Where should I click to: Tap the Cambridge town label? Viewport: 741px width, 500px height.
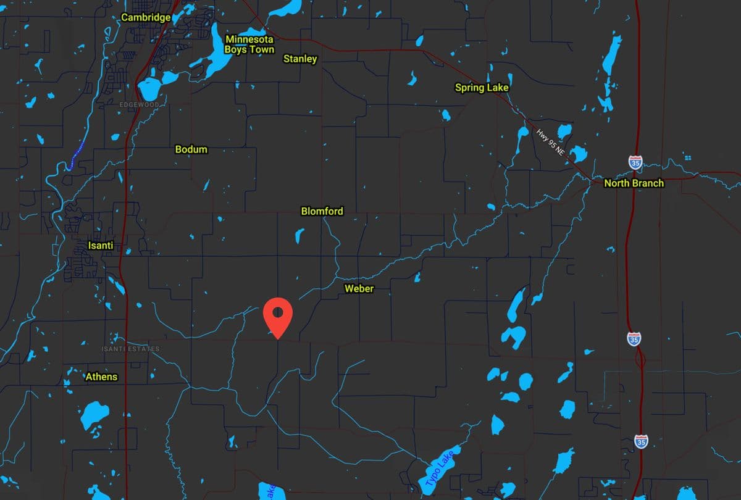(x=146, y=17)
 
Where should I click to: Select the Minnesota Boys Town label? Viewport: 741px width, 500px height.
(x=249, y=44)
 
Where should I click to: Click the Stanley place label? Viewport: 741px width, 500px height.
(x=300, y=59)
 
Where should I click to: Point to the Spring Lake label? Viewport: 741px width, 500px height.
(x=482, y=88)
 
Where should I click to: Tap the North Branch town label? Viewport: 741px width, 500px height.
(x=634, y=183)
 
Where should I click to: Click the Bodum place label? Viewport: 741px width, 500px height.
(x=191, y=149)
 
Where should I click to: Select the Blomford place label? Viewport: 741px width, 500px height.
(x=322, y=211)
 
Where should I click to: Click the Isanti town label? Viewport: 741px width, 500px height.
(x=101, y=246)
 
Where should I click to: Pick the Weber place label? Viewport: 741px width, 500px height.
(x=359, y=288)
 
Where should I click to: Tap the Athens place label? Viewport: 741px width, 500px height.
(x=101, y=377)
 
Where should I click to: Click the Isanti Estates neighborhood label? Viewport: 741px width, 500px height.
(x=130, y=349)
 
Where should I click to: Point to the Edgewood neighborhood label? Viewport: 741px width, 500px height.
(x=139, y=105)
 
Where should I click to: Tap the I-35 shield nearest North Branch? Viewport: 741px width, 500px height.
(x=635, y=162)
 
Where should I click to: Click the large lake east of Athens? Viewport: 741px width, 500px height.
(x=94, y=415)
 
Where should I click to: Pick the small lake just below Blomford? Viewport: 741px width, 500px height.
(x=299, y=235)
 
